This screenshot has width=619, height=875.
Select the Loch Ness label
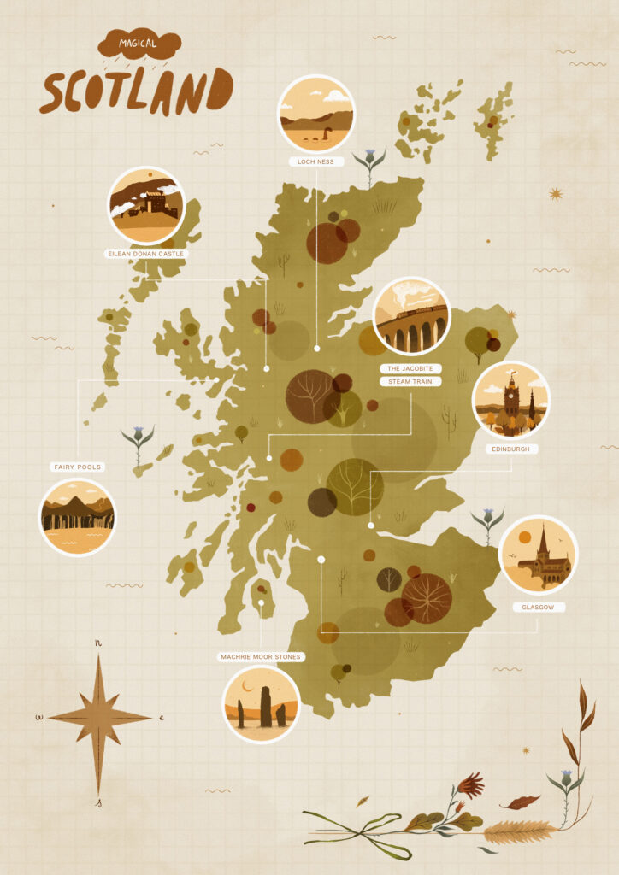pyautogui.click(x=316, y=160)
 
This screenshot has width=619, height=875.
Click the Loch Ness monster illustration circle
pyautogui.click(x=316, y=114)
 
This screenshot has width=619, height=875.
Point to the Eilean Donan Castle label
pyautogui.click(x=145, y=254)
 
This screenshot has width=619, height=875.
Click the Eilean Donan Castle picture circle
pyautogui.click(x=146, y=205)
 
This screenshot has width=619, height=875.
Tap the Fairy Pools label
pyautogui.click(x=77, y=467)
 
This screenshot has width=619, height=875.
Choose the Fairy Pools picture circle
pyautogui.click(x=77, y=516)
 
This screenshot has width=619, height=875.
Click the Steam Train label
pyautogui.click(x=411, y=381)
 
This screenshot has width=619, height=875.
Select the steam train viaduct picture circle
pyautogui.click(x=411, y=316)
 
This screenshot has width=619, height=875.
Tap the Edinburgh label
pyautogui.click(x=510, y=449)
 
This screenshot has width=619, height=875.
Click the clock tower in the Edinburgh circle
pyautogui.click(x=511, y=396)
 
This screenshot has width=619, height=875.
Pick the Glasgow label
pyautogui.click(x=538, y=607)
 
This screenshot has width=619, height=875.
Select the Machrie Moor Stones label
pyautogui.click(x=261, y=657)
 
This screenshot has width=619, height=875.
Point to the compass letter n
pyautogui.click(x=98, y=643)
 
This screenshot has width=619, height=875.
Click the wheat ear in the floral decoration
pyautogui.click(x=520, y=830)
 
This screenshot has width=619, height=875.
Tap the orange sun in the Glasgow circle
pyautogui.click(x=524, y=537)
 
